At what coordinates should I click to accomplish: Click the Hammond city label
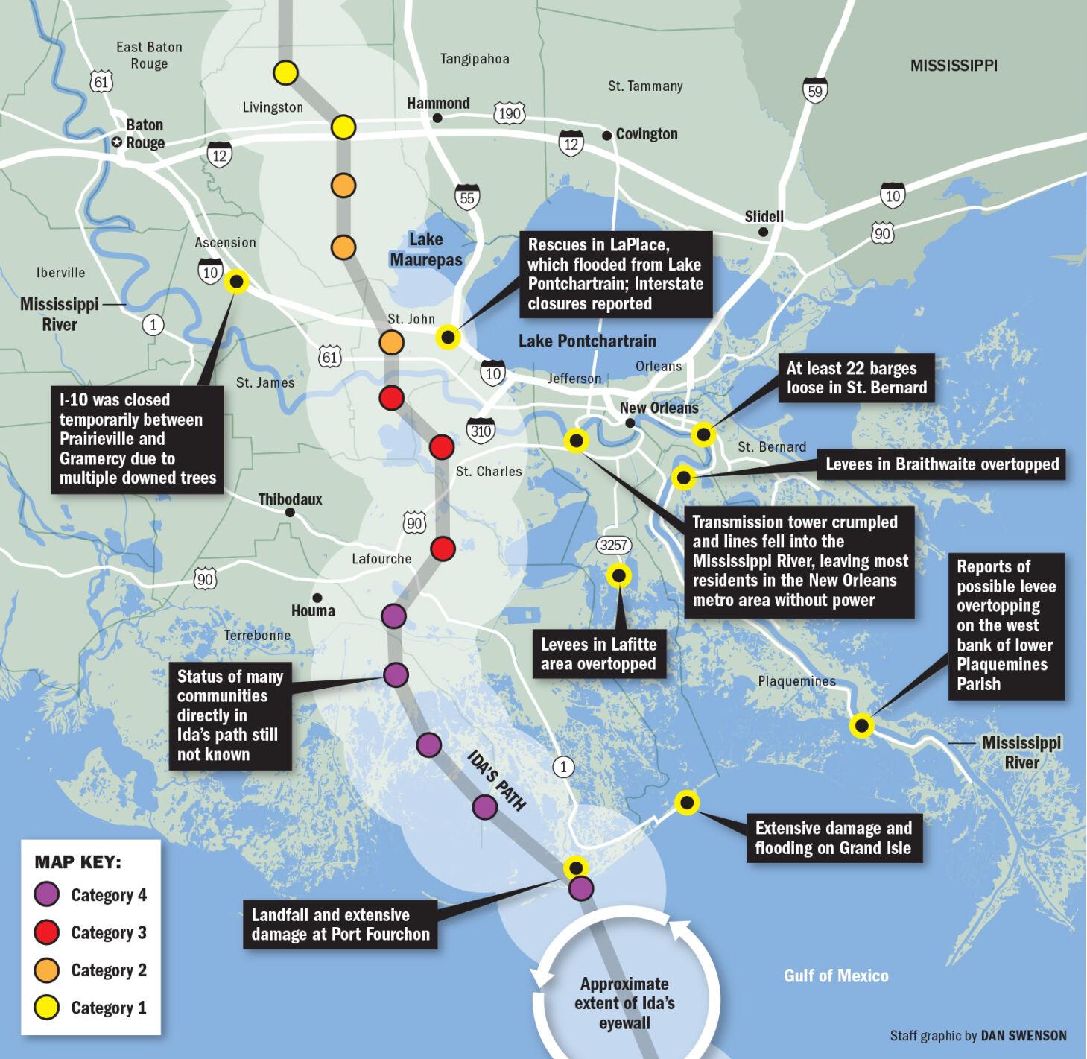click(438, 103)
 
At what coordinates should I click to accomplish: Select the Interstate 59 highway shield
click(816, 89)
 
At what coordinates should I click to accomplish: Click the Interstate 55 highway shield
click(467, 197)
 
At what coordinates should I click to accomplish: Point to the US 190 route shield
click(510, 113)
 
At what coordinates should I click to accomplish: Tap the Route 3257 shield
click(613, 545)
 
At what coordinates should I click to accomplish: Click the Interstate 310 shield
click(481, 430)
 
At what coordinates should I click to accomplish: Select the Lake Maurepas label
click(425, 249)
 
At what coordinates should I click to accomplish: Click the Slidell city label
click(764, 216)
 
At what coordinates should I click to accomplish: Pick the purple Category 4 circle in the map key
click(48, 894)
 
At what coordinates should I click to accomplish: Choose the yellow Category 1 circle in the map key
click(48, 1008)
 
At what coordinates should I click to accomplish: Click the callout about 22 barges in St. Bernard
click(856, 378)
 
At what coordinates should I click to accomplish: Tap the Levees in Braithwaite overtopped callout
click(942, 464)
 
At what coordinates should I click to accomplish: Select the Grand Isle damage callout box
click(833, 838)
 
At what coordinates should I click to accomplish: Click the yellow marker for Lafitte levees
click(618, 575)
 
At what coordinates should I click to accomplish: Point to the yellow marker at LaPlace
click(448, 338)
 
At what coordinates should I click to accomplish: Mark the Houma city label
click(313, 611)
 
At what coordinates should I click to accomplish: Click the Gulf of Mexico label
click(836, 976)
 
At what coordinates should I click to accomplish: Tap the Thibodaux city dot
click(289, 512)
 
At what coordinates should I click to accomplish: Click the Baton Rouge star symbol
click(117, 142)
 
